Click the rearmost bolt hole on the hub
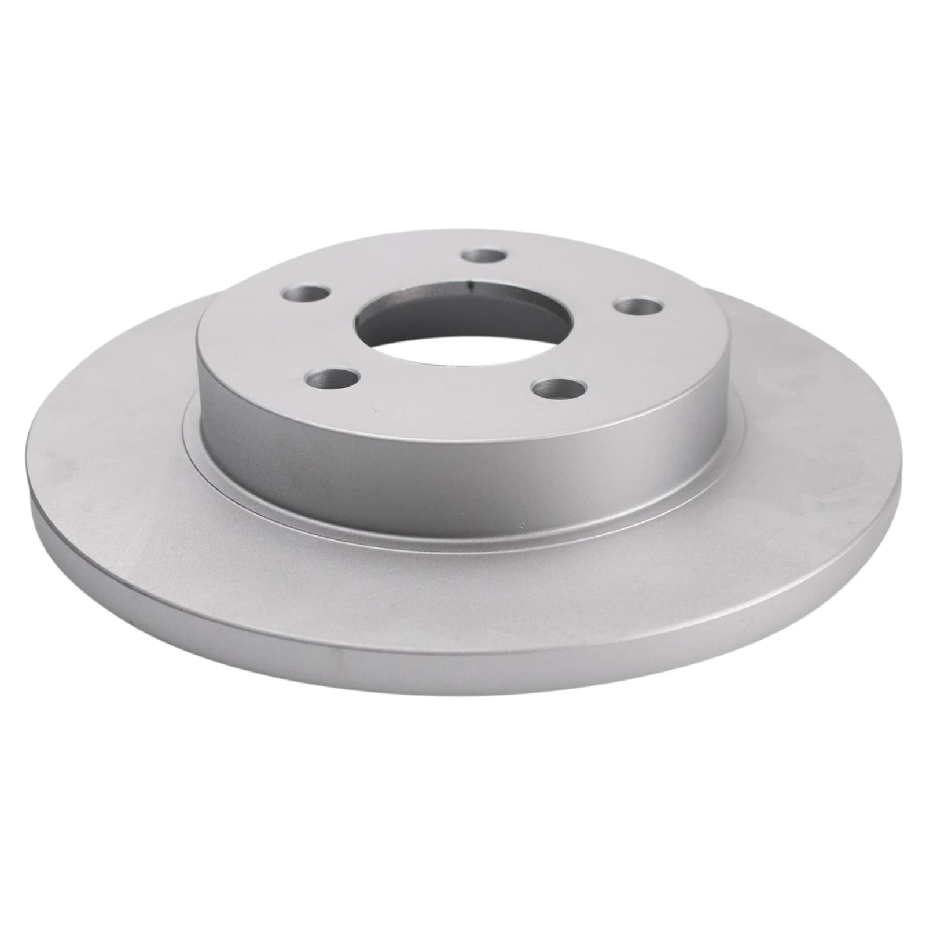pyautogui.click(x=486, y=255)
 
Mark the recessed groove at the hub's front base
pyautogui.click(x=463, y=530)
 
